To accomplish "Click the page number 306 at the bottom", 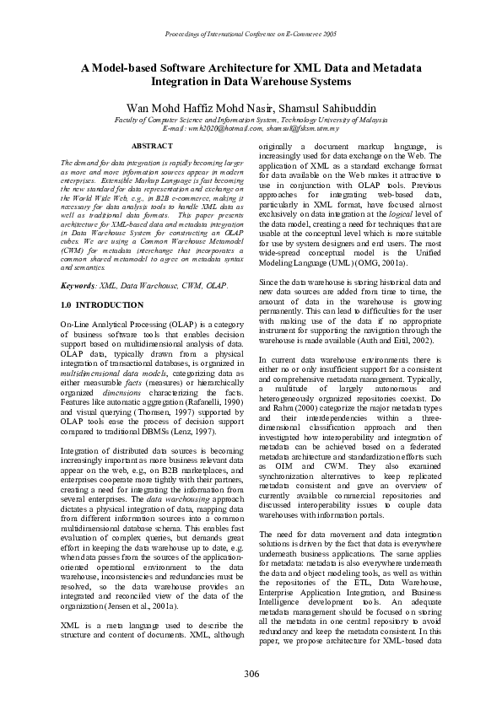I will pyautogui.click(x=251, y=673).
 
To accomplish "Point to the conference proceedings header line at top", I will pyautogui.click(x=251, y=35).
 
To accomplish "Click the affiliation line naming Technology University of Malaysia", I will pyautogui.click(x=251, y=120).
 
